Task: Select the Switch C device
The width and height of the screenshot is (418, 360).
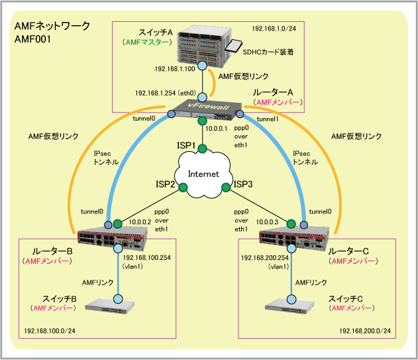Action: point(290,306)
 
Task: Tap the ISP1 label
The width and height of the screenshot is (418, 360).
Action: point(186,145)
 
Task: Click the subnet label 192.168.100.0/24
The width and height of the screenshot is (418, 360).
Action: point(49,330)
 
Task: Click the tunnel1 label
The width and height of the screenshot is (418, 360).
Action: point(268,119)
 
